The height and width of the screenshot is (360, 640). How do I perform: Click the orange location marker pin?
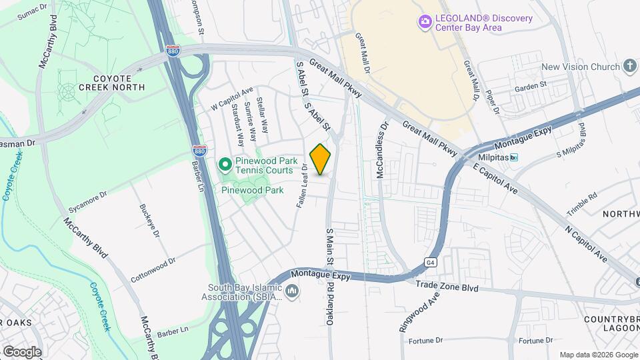(321, 159)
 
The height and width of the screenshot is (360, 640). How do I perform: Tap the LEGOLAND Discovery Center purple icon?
(425, 23)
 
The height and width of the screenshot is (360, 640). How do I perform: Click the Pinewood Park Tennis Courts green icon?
(225, 163)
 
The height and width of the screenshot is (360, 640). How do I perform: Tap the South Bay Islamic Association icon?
(292, 291)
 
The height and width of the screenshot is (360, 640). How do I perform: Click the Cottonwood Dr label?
(153, 271)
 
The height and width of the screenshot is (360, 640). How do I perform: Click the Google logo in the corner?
(21, 351)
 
